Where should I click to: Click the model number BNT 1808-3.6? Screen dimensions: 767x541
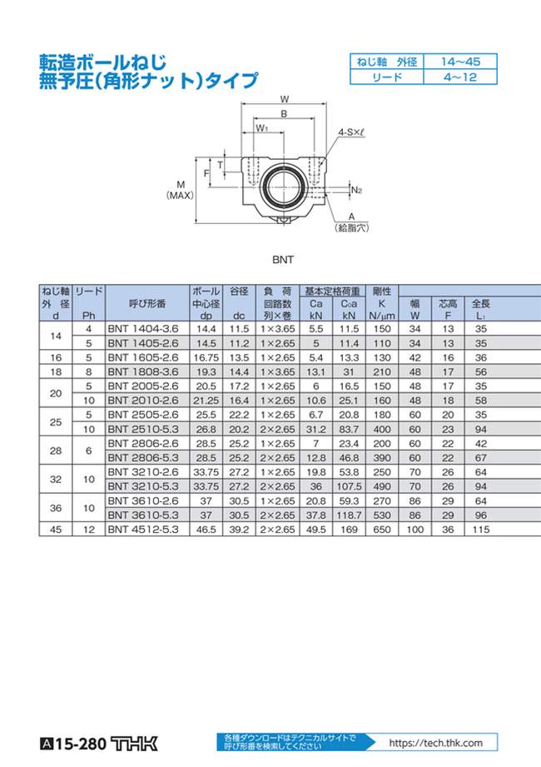[142, 371]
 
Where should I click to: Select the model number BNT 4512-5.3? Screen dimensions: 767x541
[142, 529]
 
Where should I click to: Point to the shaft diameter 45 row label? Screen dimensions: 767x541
[56, 529]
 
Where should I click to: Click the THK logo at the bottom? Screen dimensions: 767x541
[133, 744]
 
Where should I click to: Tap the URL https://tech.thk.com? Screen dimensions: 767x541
[434, 743]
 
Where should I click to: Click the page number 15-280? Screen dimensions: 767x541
[80, 744]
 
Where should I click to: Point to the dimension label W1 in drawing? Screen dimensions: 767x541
[261, 128]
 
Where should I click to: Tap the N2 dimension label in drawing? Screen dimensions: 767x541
[356, 190]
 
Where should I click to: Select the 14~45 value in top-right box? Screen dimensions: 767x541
[459, 62]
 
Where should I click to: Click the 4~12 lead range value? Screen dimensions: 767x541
[459, 77]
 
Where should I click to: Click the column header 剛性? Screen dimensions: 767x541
[381, 291]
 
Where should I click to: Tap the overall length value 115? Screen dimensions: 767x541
[480, 529]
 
